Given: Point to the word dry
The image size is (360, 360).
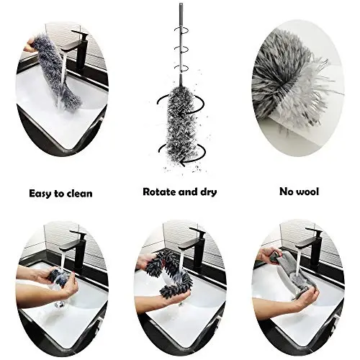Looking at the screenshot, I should click(207, 192).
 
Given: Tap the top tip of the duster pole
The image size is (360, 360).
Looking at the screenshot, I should click(179, 6).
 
